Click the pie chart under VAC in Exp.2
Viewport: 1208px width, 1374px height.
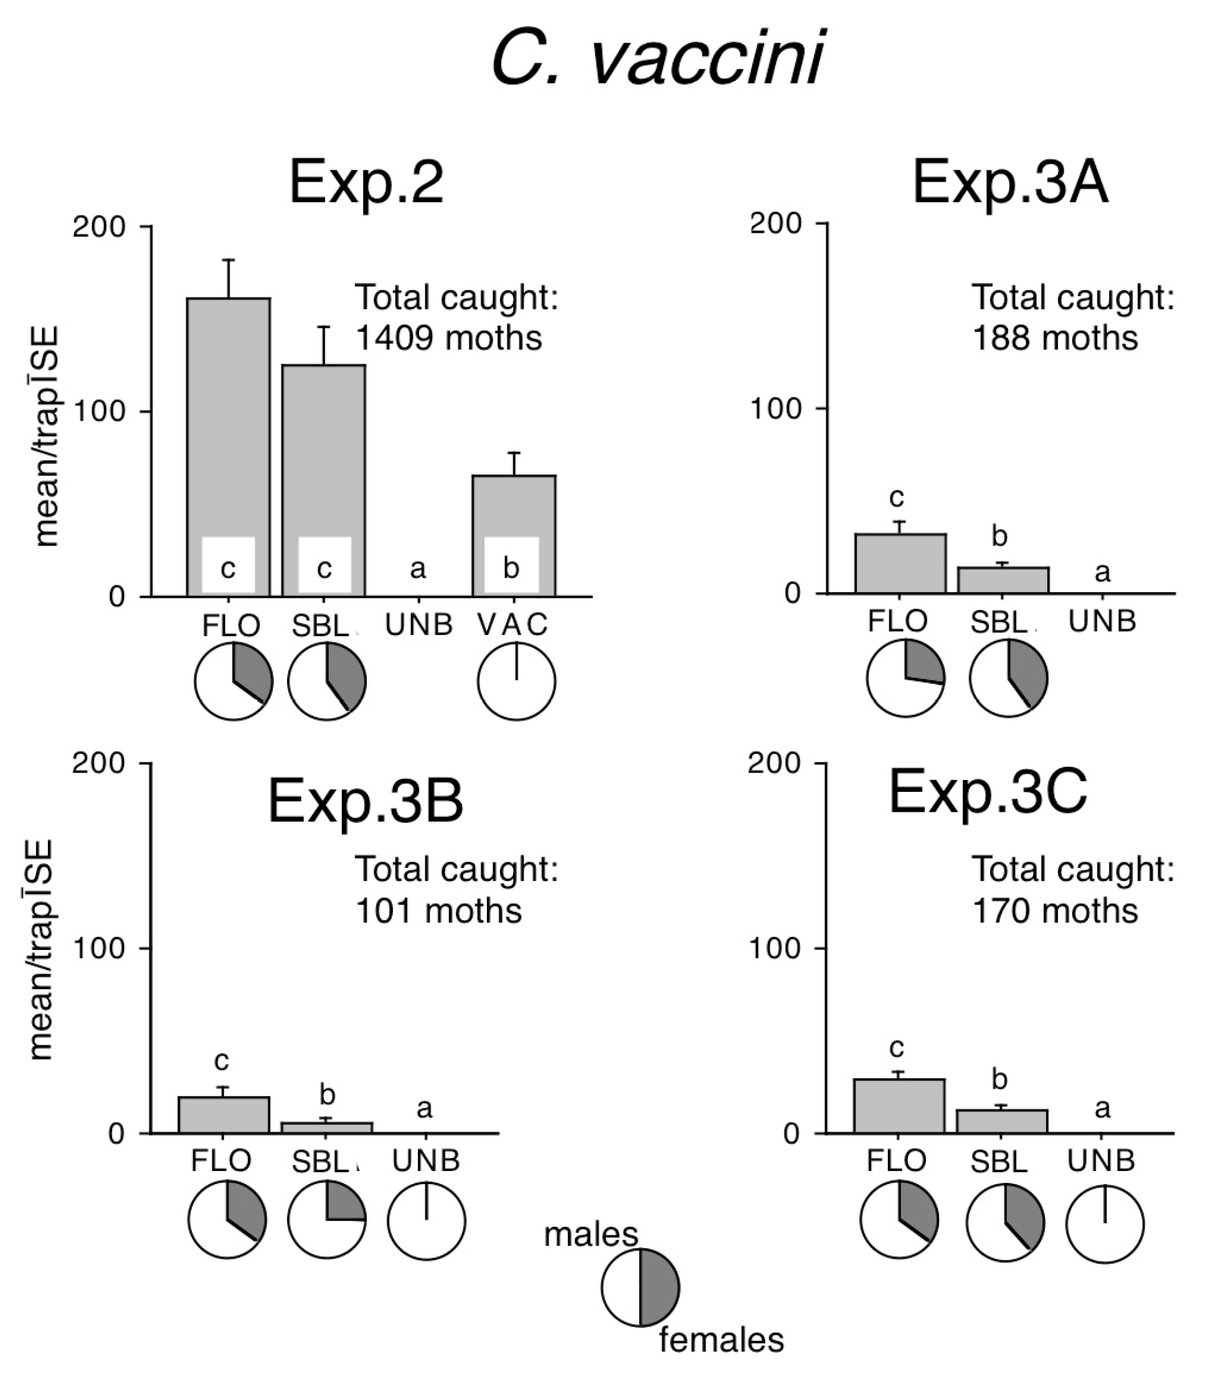[x=516, y=681]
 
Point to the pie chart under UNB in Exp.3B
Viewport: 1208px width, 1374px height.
[x=426, y=1221]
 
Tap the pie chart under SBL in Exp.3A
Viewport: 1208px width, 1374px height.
[x=1008, y=678]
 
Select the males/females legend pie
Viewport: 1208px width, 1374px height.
[x=640, y=1287]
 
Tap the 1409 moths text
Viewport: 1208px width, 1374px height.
[x=448, y=337]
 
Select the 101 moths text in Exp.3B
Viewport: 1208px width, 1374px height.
[x=438, y=911]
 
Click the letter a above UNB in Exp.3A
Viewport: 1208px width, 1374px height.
[x=1102, y=572]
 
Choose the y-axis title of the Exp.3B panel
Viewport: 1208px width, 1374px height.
[x=42, y=949]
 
